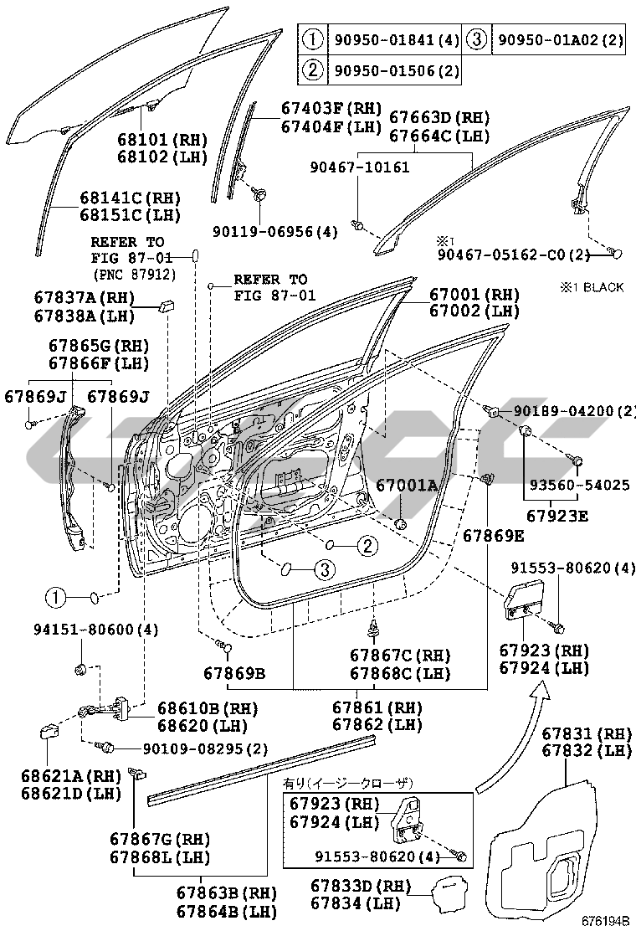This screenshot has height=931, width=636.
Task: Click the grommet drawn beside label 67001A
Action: coord(400,524)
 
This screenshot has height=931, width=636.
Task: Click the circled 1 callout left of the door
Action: coord(55,598)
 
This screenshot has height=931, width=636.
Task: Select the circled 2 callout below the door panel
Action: coord(367,546)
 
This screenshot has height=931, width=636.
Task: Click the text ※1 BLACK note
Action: coord(592,287)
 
